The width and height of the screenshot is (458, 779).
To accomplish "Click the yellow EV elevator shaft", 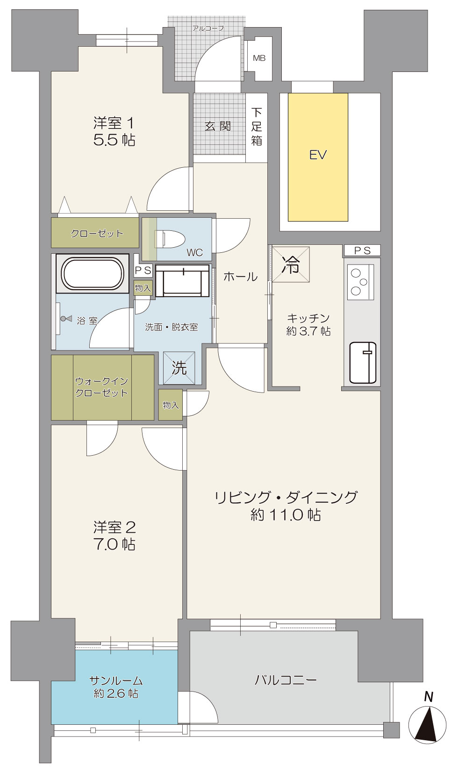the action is tap(318, 157).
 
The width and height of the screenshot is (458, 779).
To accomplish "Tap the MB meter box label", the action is tap(259, 58).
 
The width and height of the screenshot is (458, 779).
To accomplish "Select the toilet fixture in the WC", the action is tap(170, 239).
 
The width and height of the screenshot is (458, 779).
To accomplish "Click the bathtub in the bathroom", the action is tap(93, 274).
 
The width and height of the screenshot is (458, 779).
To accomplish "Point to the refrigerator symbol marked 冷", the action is tap(291, 264).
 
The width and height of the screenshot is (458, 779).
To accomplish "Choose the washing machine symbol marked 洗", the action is tap(179, 368).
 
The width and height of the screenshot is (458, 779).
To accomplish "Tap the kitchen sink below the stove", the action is tap(363, 363).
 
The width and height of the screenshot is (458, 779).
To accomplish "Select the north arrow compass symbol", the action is tap(427, 725).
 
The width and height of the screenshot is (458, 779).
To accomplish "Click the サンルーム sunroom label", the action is tap(116, 687).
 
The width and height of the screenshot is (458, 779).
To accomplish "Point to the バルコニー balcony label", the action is tap(286, 679).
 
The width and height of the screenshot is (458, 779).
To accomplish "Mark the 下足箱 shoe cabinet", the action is tap(257, 127).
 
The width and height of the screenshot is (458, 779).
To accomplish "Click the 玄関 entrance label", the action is tap(218, 126).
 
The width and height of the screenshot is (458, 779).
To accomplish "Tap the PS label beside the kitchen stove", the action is tap(362, 250).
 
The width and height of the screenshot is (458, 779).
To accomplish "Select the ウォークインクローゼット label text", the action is tap(101, 387).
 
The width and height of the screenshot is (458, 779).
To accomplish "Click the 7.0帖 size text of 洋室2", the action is tap(114, 544).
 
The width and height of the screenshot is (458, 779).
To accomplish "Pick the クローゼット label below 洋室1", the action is tap(97, 233).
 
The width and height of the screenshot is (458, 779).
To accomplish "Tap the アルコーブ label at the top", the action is tap(208, 28).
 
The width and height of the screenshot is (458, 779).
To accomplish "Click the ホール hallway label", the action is tap(240, 277).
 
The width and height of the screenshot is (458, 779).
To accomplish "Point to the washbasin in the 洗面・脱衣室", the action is tap(183, 280).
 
